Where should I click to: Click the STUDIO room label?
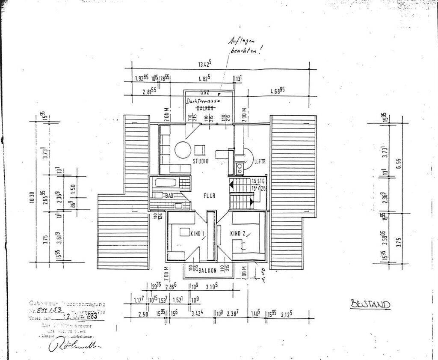click(200, 161)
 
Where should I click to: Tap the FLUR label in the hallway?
click(209, 196)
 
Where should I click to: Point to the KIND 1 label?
click(198, 233)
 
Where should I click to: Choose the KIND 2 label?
click(237, 233)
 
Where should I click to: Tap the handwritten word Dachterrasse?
click(203, 101)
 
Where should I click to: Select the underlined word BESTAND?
click(370, 304)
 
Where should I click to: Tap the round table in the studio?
click(183, 151)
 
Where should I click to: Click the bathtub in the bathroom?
click(166, 183)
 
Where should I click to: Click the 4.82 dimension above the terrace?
click(204, 79)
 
